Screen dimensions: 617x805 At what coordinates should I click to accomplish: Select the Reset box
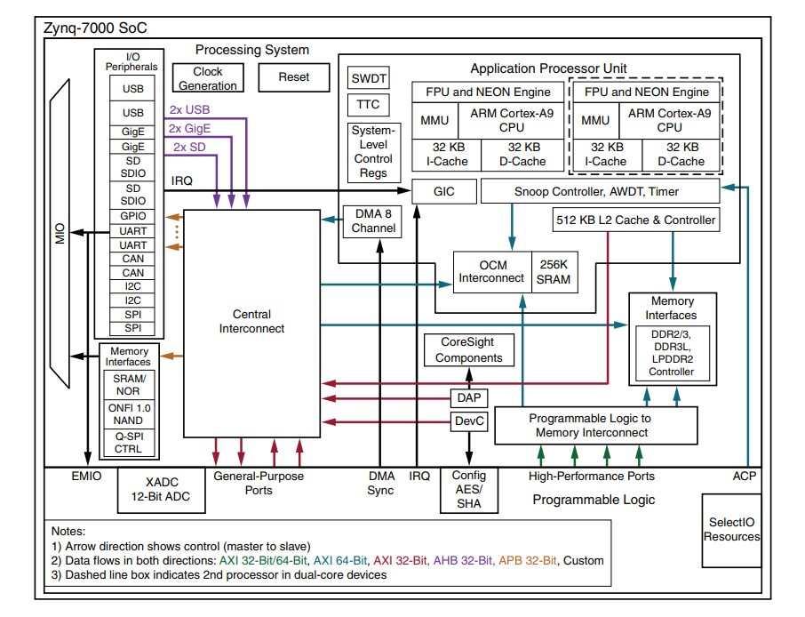coord(293,77)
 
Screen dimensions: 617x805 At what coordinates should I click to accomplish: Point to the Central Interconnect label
coord(251,321)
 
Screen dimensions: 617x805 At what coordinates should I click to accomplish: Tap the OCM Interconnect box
coord(491,272)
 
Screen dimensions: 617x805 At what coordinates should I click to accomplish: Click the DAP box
coord(468,397)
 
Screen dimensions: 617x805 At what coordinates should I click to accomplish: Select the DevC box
coord(468,421)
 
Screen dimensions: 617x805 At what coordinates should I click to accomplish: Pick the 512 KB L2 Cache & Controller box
coord(635,220)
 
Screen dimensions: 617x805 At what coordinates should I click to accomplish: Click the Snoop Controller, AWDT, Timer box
coord(599,191)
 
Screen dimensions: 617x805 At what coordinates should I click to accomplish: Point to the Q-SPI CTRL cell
coord(128,443)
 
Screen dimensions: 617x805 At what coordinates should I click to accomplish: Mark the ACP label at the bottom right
coord(745,477)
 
